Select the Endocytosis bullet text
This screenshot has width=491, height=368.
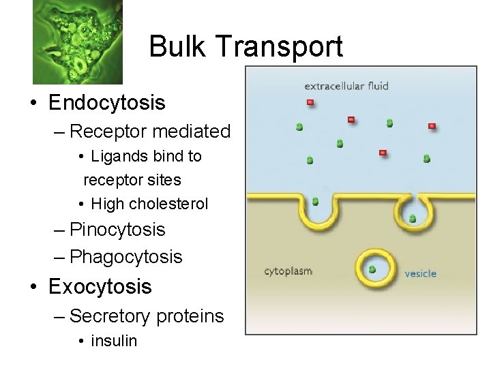(x=107, y=103)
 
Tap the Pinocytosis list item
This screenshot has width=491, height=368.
(x=117, y=230)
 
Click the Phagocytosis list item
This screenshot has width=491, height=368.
(x=126, y=257)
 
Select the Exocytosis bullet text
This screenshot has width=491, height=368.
(x=100, y=286)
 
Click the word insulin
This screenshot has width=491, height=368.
(x=114, y=340)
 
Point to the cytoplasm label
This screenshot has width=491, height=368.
(x=288, y=271)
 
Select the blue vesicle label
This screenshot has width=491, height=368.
(x=420, y=273)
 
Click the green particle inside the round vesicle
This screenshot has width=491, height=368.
(x=372, y=269)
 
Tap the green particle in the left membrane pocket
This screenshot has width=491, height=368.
(x=315, y=201)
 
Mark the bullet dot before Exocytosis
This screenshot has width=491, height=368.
(x=32, y=287)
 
